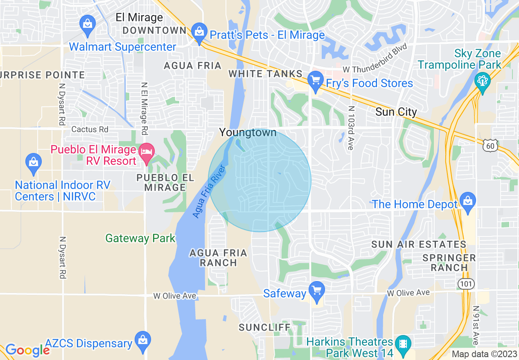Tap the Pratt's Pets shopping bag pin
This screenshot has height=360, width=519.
(199, 32)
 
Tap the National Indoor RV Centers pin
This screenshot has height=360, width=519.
(34, 162)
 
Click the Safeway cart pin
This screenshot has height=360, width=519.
(316, 290)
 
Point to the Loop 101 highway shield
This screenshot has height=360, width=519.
(465, 284)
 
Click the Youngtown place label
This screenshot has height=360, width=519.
(248, 133)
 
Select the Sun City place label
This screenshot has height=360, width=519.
(396, 112)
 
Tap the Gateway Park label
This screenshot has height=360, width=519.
(140, 238)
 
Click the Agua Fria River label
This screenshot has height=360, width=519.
(209, 191)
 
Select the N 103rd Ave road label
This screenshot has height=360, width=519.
(350, 128)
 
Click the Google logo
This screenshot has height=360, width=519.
(27, 350)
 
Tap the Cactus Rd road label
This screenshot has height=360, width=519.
(90, 129)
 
